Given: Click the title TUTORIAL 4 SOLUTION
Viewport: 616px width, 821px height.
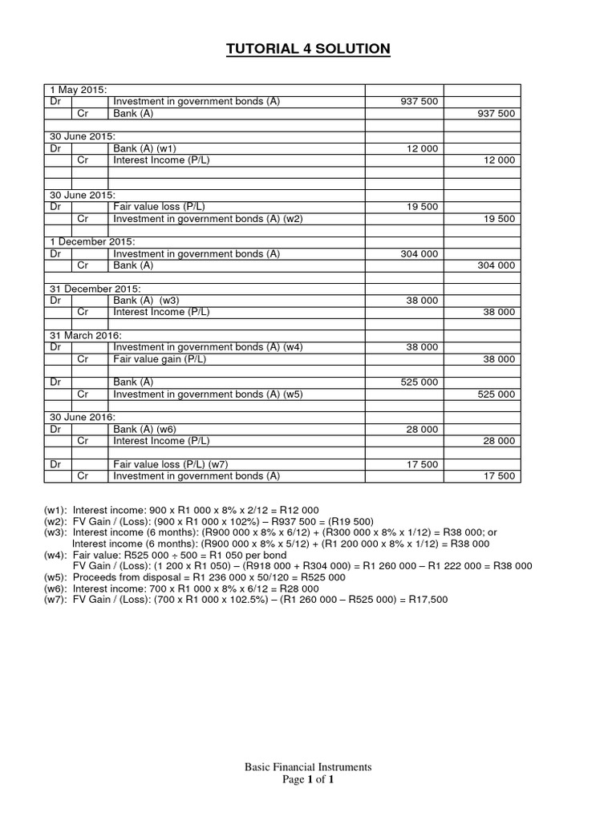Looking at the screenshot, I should click(308, 50).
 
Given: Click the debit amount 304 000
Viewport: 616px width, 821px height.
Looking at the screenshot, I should click(419, 253).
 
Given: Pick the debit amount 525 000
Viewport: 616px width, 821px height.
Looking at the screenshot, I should click(419, 382).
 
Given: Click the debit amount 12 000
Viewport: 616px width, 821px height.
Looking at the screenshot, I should click(423, 148).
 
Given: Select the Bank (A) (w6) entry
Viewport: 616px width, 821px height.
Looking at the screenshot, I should click(144, 429).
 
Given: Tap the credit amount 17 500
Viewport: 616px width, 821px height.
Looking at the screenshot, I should click(499, 476).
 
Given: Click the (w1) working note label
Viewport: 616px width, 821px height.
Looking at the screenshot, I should click(55, 509).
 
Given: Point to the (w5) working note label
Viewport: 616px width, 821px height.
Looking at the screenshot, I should click(55, 576).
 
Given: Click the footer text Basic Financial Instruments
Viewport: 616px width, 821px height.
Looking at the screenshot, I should click(308, 766).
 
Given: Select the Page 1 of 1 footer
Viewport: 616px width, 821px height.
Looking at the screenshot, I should click(308, 779).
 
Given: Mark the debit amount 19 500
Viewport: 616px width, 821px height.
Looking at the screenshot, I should click(423, 206).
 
